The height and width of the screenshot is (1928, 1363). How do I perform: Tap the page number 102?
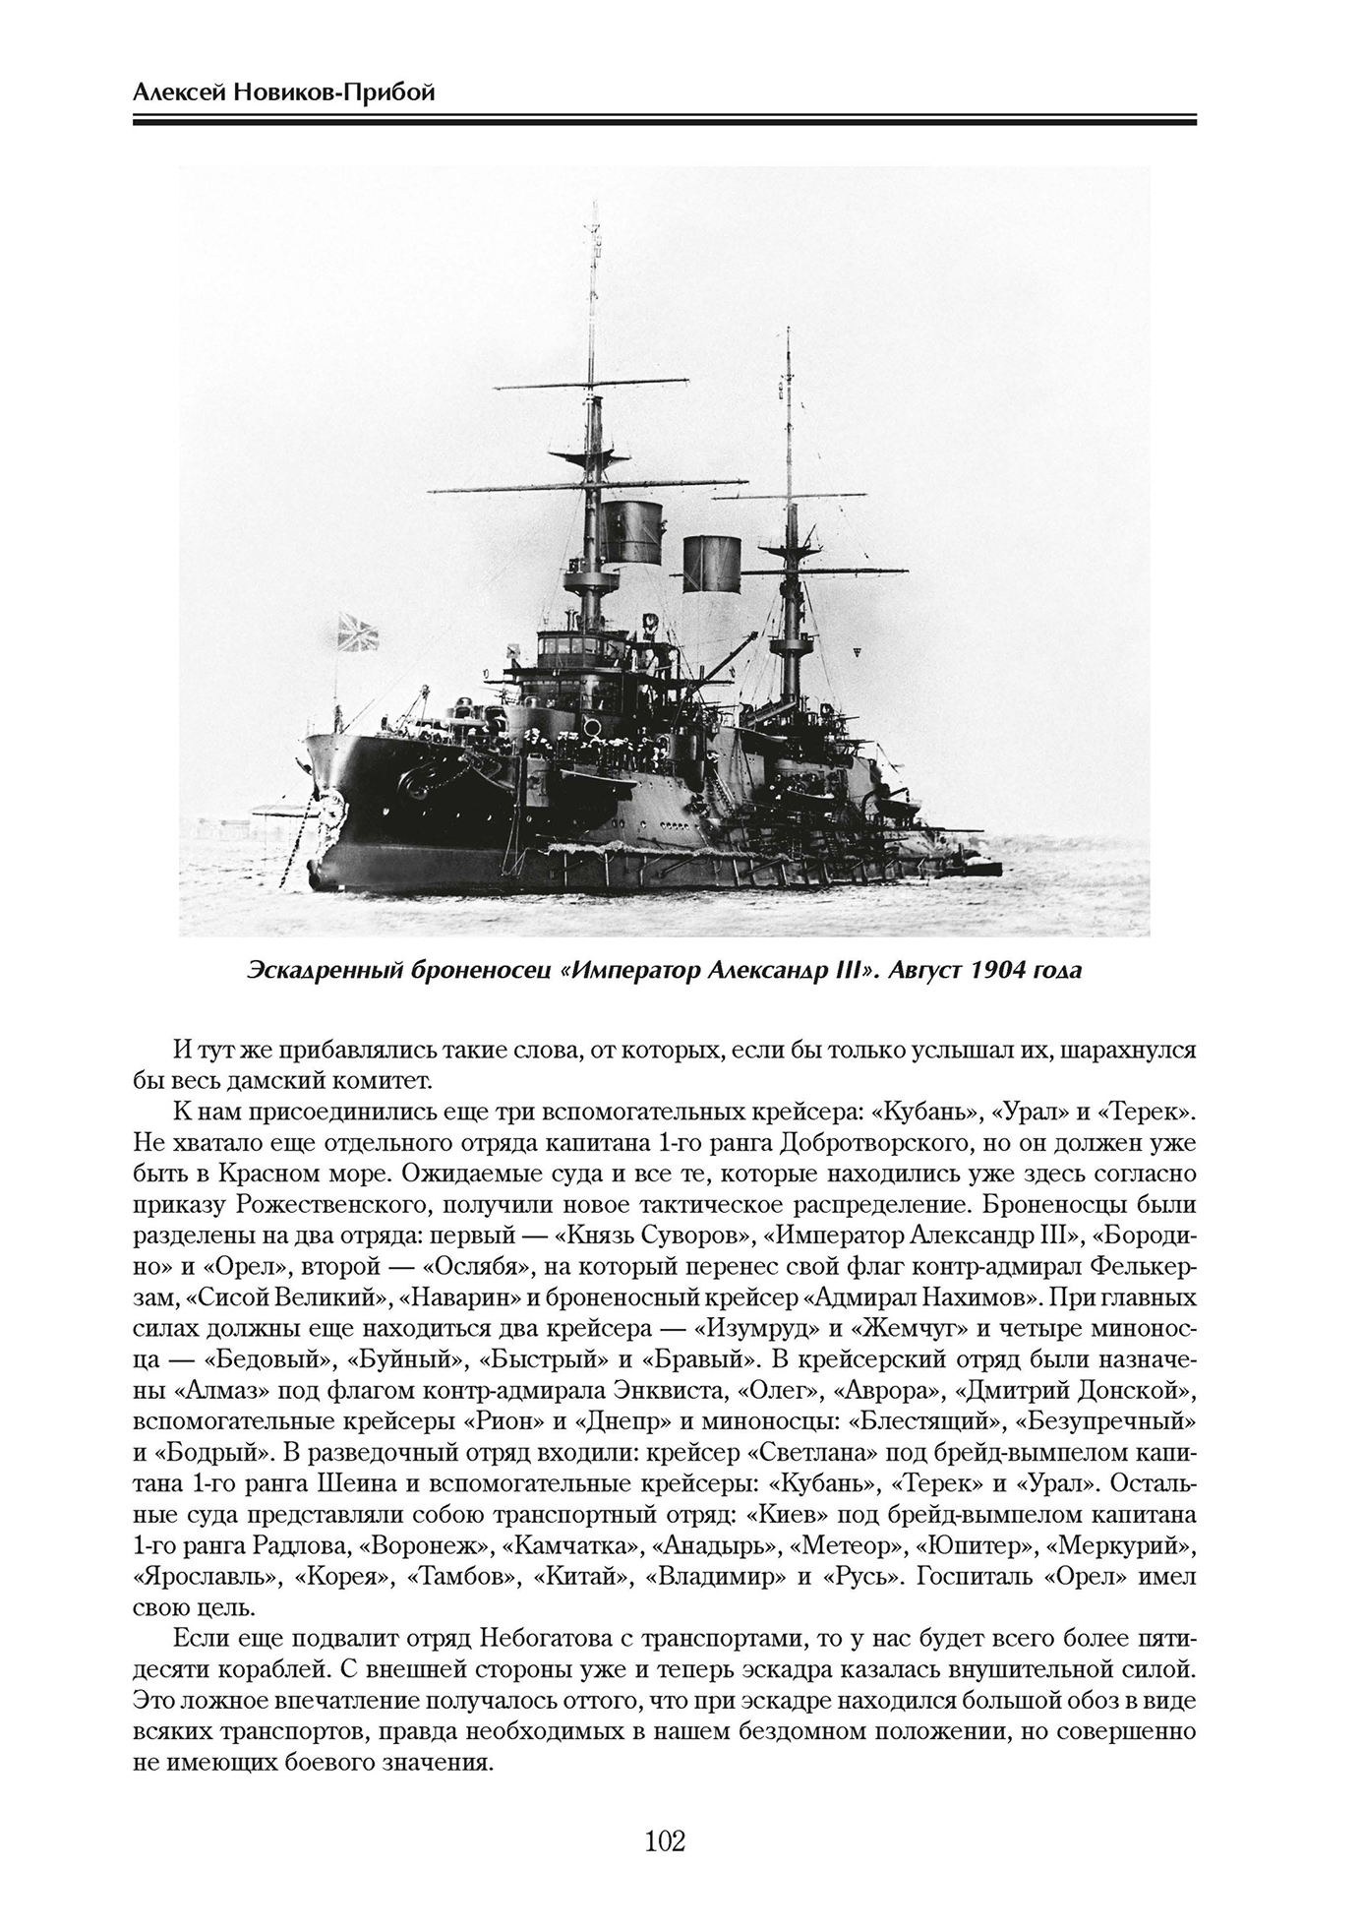click(665, 1812)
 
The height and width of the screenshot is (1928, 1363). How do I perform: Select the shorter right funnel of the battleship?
click(710, 565)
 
